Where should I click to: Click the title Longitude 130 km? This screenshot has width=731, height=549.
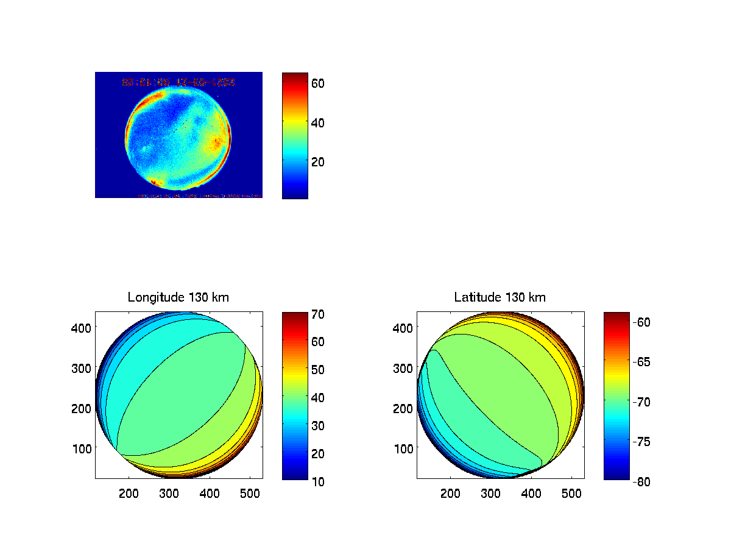pyautogui.click(x=178, y=297)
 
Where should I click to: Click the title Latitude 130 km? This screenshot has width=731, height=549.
pyautogui.click(x=500, y=297)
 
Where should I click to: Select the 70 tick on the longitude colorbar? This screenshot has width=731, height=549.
pyautogui.click(x=318, y=315)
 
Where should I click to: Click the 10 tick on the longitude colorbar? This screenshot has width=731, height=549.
pyautogui.click(x=318, y=481)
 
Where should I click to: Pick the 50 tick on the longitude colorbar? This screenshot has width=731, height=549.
pyautogui.click(x=318, y=370)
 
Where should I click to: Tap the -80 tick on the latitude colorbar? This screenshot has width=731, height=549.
pyautogui.click(x=640, y=481)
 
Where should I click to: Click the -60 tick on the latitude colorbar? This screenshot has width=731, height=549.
pyautogui.click(x=640, y=322)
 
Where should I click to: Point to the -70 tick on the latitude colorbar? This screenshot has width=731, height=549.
pyautogui.click(x=640, y=402)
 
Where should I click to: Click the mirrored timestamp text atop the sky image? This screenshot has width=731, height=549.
pyautogui.click(x=178, y=81)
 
